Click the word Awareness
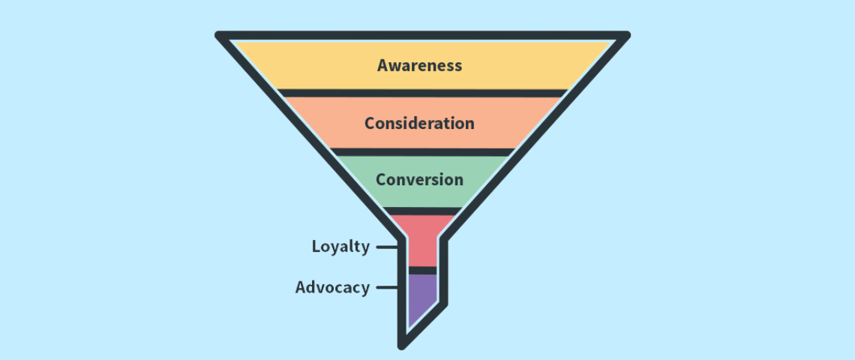click(419, 64)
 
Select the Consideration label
click(419, 123)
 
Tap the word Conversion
click(419, 179)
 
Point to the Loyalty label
click(340, 247)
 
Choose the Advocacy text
click(332, 287)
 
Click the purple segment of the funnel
click(421, 297)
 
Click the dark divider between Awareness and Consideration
click(422, 93)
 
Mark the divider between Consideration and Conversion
click(422, 151)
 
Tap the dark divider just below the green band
click(421, 211)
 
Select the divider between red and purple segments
click(422, 270)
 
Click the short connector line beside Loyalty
click(387, 247)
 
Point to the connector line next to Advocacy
click(387, 287)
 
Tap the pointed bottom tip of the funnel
click(403, 345)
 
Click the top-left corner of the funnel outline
click(220, 35)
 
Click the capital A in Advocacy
click(301, 287)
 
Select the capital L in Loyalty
click(316, 246)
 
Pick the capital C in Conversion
click(381, 179)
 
